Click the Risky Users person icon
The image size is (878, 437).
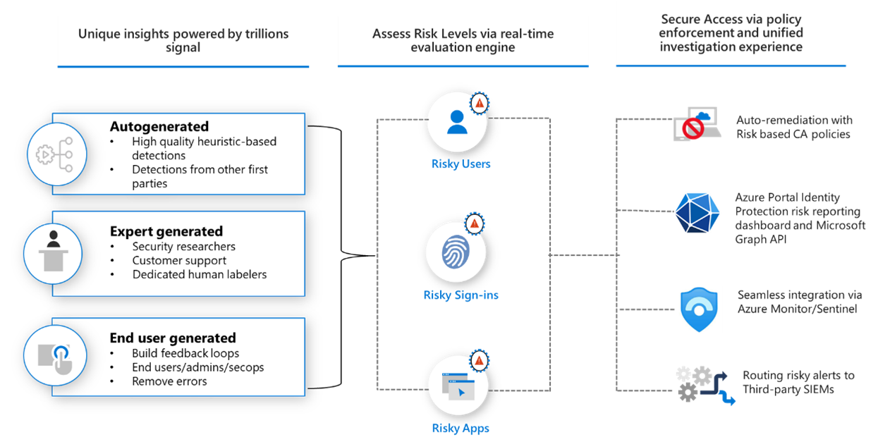pyautogui.click(x=457, y=122)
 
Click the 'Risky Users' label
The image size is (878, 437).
pyautogui.click(x=461, y=164)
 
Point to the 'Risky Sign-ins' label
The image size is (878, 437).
pyautogui.click(x=461, y=295)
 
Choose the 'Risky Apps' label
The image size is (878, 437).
pyautogui.click(x=461, y=428)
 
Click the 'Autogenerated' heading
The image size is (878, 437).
pyautogui.click(x=159, y=127)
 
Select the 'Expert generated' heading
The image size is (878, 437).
pyautogui.click(x=166, y=231)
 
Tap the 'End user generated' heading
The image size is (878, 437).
pyautogui.click(x=173, y=338)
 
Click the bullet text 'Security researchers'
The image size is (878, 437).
pyautogui.click(x=183, y=247)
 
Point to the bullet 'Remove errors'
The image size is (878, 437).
pyautogui.click(x=169, y=381)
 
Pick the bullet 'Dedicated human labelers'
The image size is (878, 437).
pyautogui.click(x=200, y=274)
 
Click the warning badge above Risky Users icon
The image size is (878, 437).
pyautogui.click(x=480, y=103)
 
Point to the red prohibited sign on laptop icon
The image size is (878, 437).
pyautogui.click(x=693, y=129)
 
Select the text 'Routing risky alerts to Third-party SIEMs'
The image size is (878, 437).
pyautogui.click(x=798, y=382)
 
